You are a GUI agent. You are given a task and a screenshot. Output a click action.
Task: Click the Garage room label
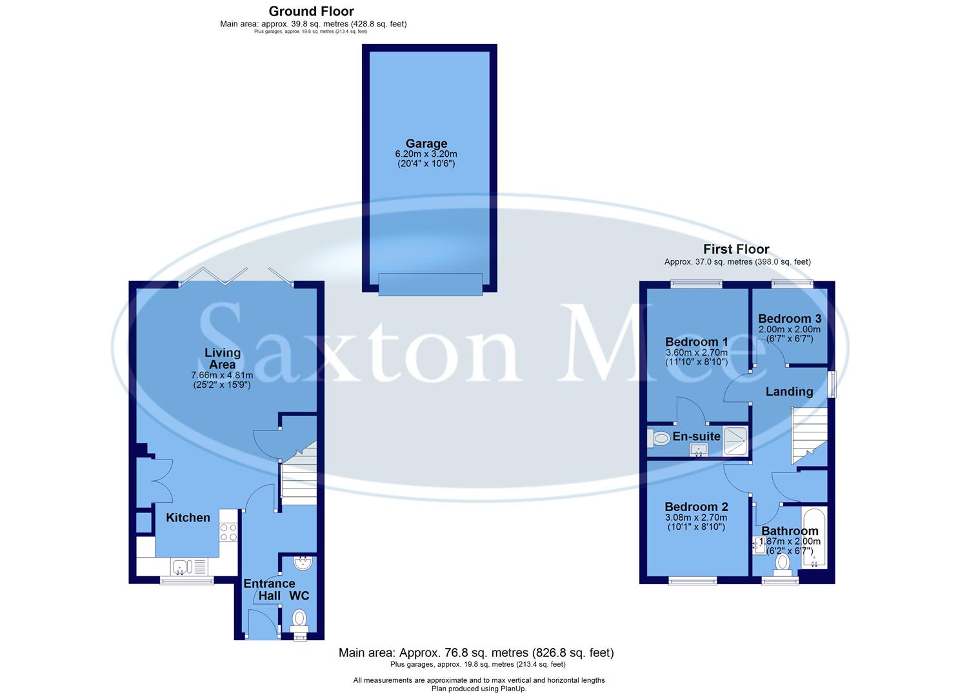pyautogui.click(x=426, y=143)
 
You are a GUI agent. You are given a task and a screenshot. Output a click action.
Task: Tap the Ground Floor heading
pyautogui.click(x=311, y=11)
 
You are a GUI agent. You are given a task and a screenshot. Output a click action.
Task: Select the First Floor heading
pyautogui.click(x=736, y=249)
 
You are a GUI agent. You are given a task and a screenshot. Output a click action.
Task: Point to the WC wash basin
pyautogui.click(x=301, y=563)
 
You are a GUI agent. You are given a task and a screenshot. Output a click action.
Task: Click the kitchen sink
pyautogui.click(x=180, y=567)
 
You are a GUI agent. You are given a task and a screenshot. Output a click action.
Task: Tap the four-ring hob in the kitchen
pyautogui.click(x=228, y=532)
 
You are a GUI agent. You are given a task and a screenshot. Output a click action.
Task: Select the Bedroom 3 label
pyautogui.click(x=790, y=318)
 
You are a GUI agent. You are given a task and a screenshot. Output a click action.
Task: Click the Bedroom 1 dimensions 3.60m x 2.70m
pyautogui.click(x=697, y=352)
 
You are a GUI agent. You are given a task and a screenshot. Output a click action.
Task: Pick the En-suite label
pyautogui.click(x=696, y=436)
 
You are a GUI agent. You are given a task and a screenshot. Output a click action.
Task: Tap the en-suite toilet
pyautogui.click(x=659, y=438)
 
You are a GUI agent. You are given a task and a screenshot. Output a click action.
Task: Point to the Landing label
pyautogui.click(x=789, y=391)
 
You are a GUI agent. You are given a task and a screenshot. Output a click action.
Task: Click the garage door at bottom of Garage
pyautogui.click(x=430, y=284)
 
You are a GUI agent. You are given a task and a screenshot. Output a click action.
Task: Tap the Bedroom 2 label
pyautogui.click(x=696, y=507)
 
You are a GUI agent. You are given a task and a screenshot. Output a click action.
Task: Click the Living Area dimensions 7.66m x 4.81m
pyautogui.click(x=222, y=375)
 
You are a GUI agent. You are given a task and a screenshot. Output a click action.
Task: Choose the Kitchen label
pyautogui.click(x=188, y=518)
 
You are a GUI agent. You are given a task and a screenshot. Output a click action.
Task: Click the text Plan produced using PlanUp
pyautogui.click(x=479, y=689)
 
